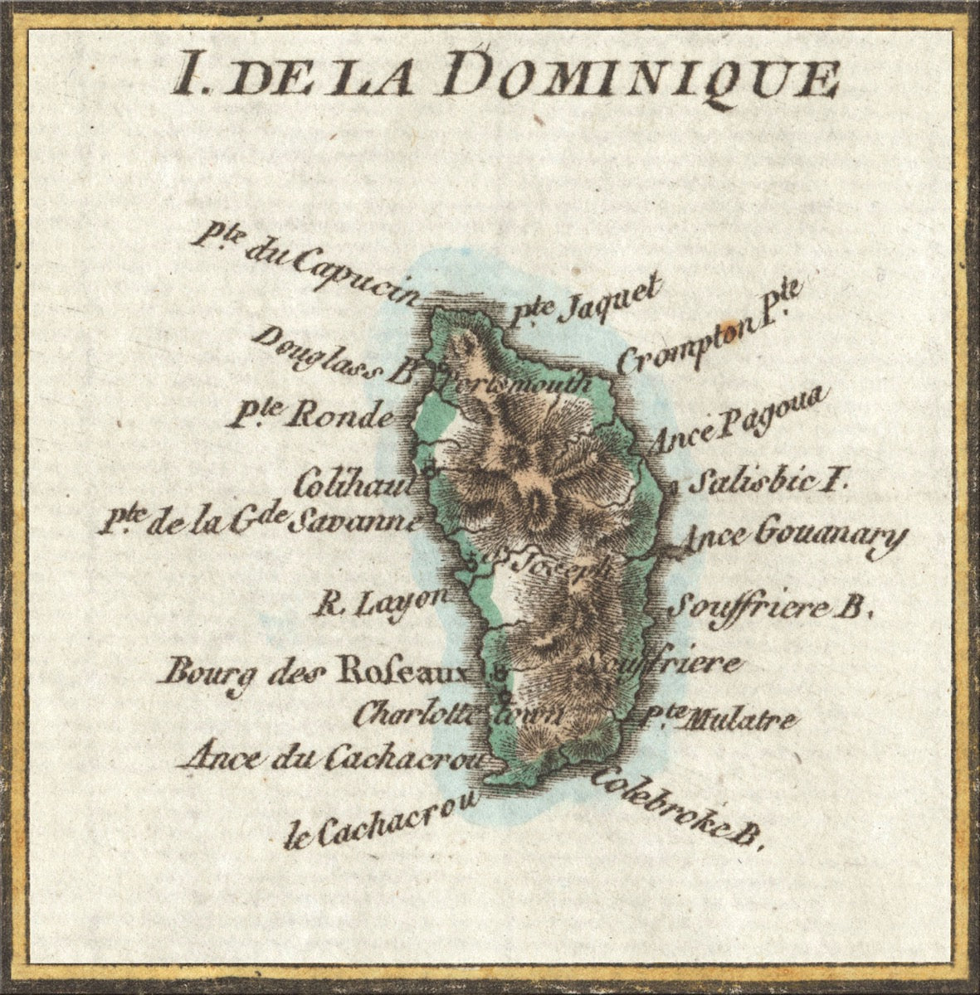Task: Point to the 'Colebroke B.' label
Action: [x=676, y=809]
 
